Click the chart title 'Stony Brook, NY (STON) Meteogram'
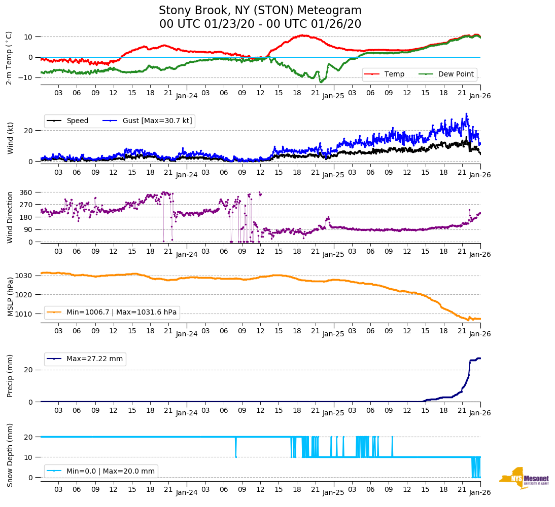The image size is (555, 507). click(260, 11)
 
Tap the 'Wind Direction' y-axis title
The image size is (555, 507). click(10, 217)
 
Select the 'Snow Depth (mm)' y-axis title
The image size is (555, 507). click(10, 454)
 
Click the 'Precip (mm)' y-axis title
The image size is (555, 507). click(10, 377)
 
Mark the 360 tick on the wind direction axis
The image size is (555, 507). click(26, 192)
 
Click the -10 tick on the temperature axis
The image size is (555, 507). click(25, 77)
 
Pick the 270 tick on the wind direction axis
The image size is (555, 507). click(26, 205)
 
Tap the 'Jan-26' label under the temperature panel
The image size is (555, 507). click(480, 95)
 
